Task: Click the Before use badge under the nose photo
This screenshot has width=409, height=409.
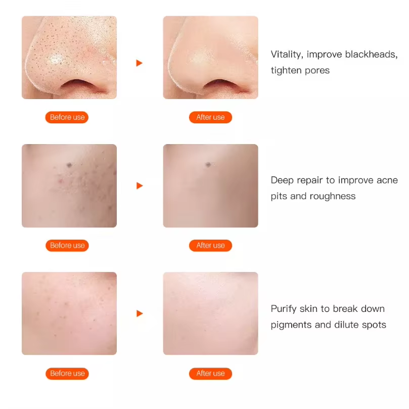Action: (x=67, y=117)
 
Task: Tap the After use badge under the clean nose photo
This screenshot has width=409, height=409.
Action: (x=210, y=117)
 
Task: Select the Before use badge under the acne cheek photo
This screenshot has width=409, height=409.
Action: (x=67, y=246)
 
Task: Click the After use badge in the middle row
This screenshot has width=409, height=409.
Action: (x=210, y=246)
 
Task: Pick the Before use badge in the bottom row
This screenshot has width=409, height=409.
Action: (x=67, y=374)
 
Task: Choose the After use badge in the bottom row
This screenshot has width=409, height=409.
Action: (x=210, y=374)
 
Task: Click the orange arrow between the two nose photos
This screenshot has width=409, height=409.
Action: (x=140, y=63)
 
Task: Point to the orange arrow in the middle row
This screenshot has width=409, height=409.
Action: (x=140, y=186)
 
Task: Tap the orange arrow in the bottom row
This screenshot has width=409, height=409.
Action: (x=140, y=313)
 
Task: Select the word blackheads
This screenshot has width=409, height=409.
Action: (x=372, y=55)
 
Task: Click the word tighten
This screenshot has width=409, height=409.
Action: (x=286, y=70)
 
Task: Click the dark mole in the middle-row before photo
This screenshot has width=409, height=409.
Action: (x=69, y=165)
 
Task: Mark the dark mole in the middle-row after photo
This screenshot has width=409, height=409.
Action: (x=208, y=164)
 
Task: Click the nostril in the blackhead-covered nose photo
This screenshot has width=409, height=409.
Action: (x=78, y=85)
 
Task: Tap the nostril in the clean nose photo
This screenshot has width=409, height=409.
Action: (x=220, y=85)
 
